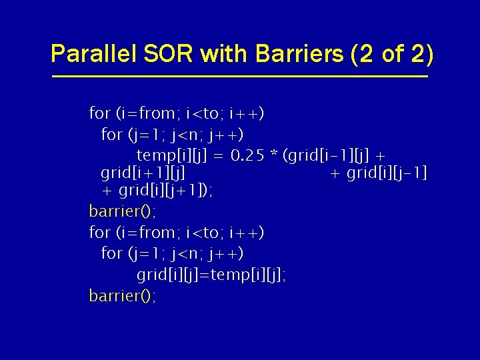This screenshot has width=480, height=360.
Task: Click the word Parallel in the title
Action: click(93, 53)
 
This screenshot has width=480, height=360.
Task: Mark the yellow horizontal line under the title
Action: click(240, 77)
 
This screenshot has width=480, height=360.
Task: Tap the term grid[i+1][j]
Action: click(143, 173)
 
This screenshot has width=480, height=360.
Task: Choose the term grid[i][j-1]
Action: click(387, 173)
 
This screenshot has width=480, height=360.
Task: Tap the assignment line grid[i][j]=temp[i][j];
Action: click(211, 275)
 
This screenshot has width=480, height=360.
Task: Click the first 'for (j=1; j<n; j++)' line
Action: click(172, 135)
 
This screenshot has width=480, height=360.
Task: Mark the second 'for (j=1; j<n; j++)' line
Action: click(172, 253)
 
